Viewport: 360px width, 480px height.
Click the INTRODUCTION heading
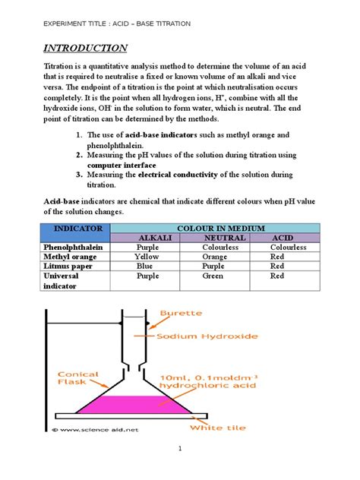[84, 49]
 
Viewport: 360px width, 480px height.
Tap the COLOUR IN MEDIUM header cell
[220, 228]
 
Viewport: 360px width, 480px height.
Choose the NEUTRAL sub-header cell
[220, 238]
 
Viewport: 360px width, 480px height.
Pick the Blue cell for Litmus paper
[147, 267]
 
